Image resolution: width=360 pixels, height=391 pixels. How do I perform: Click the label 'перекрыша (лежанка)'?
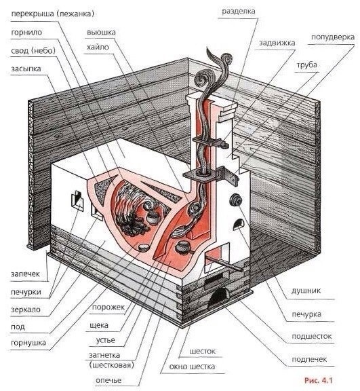pos(53,14)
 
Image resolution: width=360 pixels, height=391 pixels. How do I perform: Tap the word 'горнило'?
pos(26,33)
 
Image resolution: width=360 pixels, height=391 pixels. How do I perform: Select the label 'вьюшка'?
pos(101,33)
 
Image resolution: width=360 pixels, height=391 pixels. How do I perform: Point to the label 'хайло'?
pos(98,47)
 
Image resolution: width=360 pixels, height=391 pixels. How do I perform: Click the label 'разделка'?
pos(238,12)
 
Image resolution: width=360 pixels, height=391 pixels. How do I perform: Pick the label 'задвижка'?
pos(277,43)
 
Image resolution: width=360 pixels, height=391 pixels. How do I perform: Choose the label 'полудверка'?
pos(333,37)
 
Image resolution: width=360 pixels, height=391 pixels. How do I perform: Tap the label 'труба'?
pos(306,65)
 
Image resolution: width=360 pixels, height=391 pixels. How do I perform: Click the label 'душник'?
pos(306,291)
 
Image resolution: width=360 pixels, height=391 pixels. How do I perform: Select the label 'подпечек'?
pos(309,359)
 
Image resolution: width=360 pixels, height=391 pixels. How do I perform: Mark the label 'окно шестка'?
pos(192,367)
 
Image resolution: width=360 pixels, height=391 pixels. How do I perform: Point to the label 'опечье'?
pos(108,381)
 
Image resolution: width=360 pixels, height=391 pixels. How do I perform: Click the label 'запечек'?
pos(25,274)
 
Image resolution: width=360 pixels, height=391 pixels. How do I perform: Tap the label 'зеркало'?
pos(26,310)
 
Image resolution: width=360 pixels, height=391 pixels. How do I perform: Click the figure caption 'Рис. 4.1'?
pos(319,381)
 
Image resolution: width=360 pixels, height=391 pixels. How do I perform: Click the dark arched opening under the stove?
pos(218,297)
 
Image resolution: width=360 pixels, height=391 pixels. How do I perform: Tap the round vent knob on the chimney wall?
pos(235,200)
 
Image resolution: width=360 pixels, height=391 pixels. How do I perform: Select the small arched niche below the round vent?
pos(239,224)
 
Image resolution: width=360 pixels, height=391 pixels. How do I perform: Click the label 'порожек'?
pos(108,307)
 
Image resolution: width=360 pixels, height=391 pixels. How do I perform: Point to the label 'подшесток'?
pos(312,337)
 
